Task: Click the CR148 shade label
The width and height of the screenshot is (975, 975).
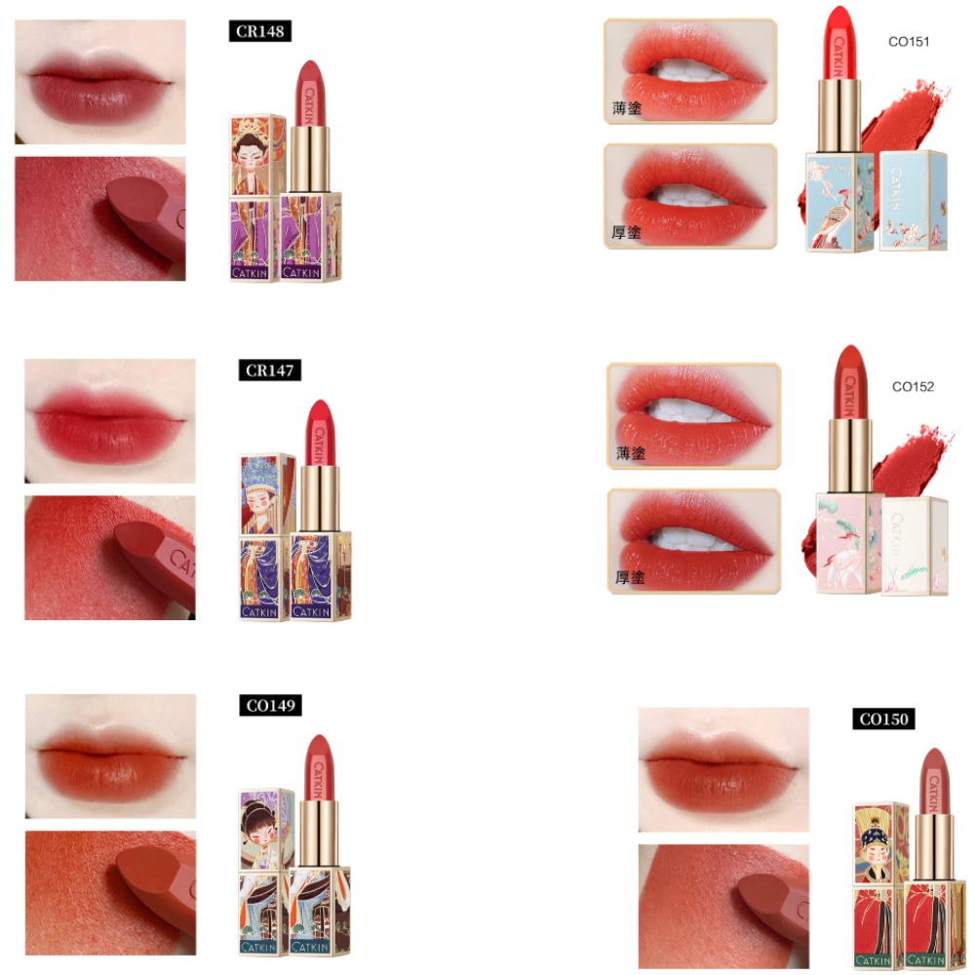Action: point(260,32)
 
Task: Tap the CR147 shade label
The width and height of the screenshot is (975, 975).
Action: point(270,370)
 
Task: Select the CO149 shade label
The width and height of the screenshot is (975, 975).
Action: point(270,706)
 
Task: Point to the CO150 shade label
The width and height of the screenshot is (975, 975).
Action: point(882,720)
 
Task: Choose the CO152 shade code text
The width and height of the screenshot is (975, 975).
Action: point(913,386)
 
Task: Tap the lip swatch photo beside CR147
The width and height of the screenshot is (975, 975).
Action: point(110,420)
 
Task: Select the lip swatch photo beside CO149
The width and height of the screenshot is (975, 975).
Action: point(110,756)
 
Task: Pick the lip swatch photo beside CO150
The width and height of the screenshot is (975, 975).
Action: point(723,769)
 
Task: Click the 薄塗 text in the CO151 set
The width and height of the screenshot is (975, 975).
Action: point(628,108)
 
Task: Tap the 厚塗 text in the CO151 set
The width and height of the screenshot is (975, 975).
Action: point(628,233)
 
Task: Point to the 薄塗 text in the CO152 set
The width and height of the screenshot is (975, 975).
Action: point(631,453)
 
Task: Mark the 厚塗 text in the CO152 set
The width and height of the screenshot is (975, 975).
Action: point(631,577)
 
